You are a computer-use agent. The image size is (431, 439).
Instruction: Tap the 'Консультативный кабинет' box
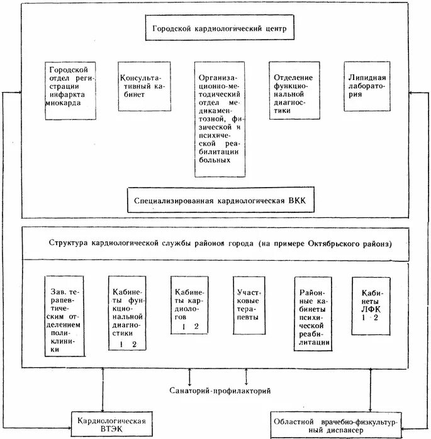(x=145, y=86)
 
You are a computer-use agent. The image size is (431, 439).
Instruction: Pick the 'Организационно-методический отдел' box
(x=220, y=119)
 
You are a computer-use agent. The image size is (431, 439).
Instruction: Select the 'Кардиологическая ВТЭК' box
(x=112, y=424)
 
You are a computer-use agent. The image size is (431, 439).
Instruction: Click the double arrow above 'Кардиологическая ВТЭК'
(x=103, y=390)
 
